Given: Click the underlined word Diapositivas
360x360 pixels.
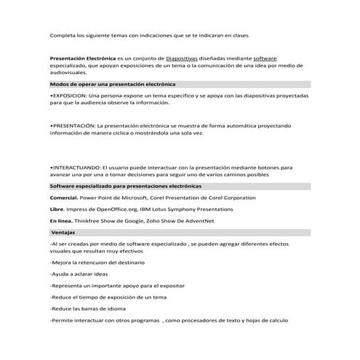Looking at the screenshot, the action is coord(164,58).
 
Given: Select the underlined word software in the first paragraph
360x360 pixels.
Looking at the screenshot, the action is coord(265,58).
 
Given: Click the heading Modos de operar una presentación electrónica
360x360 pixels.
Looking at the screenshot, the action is coord(113,84).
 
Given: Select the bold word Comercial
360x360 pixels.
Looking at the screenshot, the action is coord(63,198).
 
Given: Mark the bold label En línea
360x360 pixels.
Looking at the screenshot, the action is coord(61,220).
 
